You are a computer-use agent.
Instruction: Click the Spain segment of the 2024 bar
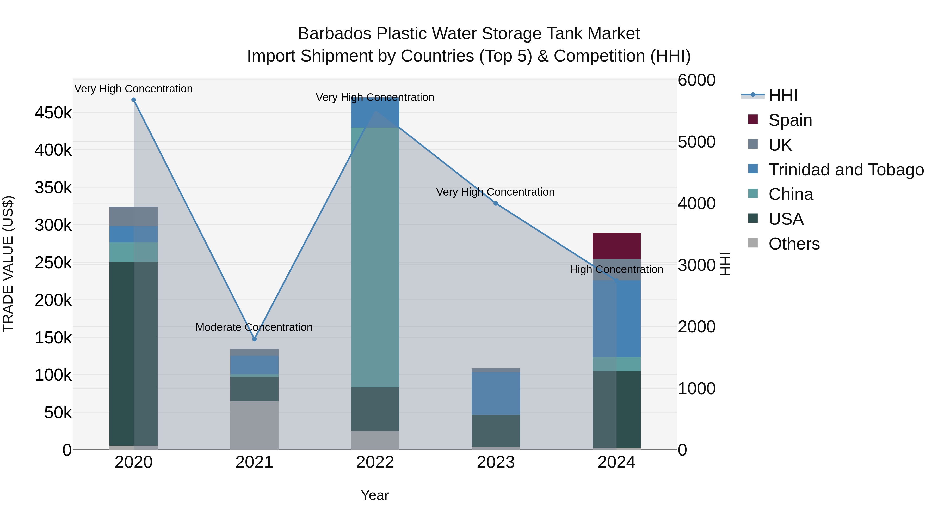(616, 246)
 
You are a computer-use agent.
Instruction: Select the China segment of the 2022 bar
(375, 257)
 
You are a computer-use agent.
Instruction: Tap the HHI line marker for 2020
(134, 100)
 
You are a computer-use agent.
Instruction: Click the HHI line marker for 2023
(496, 203)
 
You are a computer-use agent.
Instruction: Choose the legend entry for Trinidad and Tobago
(846, 170)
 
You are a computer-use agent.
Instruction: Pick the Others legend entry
(794, 244)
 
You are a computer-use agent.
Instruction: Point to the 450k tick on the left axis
(53, 113)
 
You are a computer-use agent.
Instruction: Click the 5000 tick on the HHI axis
(696, 142)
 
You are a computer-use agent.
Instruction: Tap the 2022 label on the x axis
(375, 462)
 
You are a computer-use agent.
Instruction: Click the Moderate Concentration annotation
(254, 327)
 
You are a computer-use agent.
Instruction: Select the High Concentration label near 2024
(616, 270)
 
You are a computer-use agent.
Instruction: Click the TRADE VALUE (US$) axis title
(8, 264)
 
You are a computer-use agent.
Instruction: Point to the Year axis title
(375, 495)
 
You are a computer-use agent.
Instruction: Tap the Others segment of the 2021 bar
(254, 425)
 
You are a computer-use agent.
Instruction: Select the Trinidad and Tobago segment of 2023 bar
(496, 393)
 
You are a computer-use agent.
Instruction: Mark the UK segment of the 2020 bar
(134, 216)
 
